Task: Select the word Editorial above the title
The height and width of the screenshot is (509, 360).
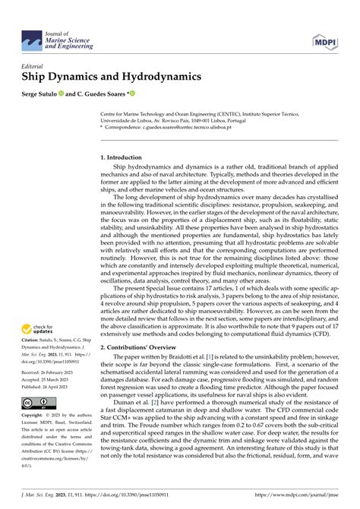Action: coord(35,65)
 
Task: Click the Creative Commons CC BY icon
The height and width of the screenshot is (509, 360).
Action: coord(36,401)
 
